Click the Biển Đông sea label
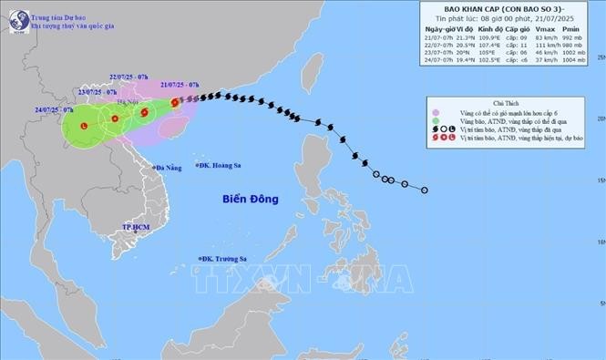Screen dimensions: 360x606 pos(248,198)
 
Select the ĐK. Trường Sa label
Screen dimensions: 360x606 pos(223,259)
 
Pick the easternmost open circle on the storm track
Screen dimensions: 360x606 pos(425,190)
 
